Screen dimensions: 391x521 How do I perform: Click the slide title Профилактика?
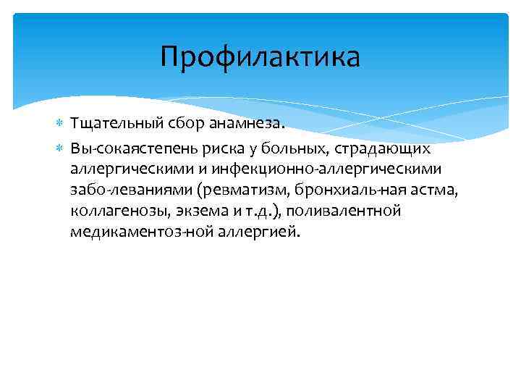260,57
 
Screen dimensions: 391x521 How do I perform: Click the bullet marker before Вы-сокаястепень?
60,148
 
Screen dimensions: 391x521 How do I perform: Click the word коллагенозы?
111,211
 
